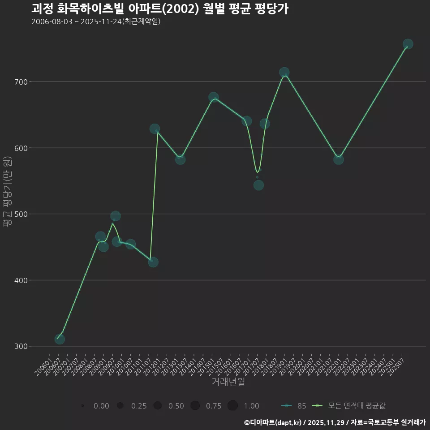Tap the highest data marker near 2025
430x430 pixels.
tap(408, 44)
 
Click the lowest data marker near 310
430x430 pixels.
tap(60, 339)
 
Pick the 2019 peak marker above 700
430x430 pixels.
tap(284, 72)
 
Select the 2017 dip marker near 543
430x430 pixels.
tap(258, 185)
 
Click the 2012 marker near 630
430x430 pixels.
tap(155, 129)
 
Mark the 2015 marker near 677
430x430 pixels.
tap(214, 97)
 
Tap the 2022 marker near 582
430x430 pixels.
tap(339, 159)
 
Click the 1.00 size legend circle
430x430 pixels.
tap(232, 406)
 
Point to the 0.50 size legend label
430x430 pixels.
tap(176, 406)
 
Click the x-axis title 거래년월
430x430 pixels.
tap(228, 382)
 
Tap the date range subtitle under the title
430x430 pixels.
tap(96, 21)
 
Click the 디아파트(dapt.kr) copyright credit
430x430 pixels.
tap(273, 422)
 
